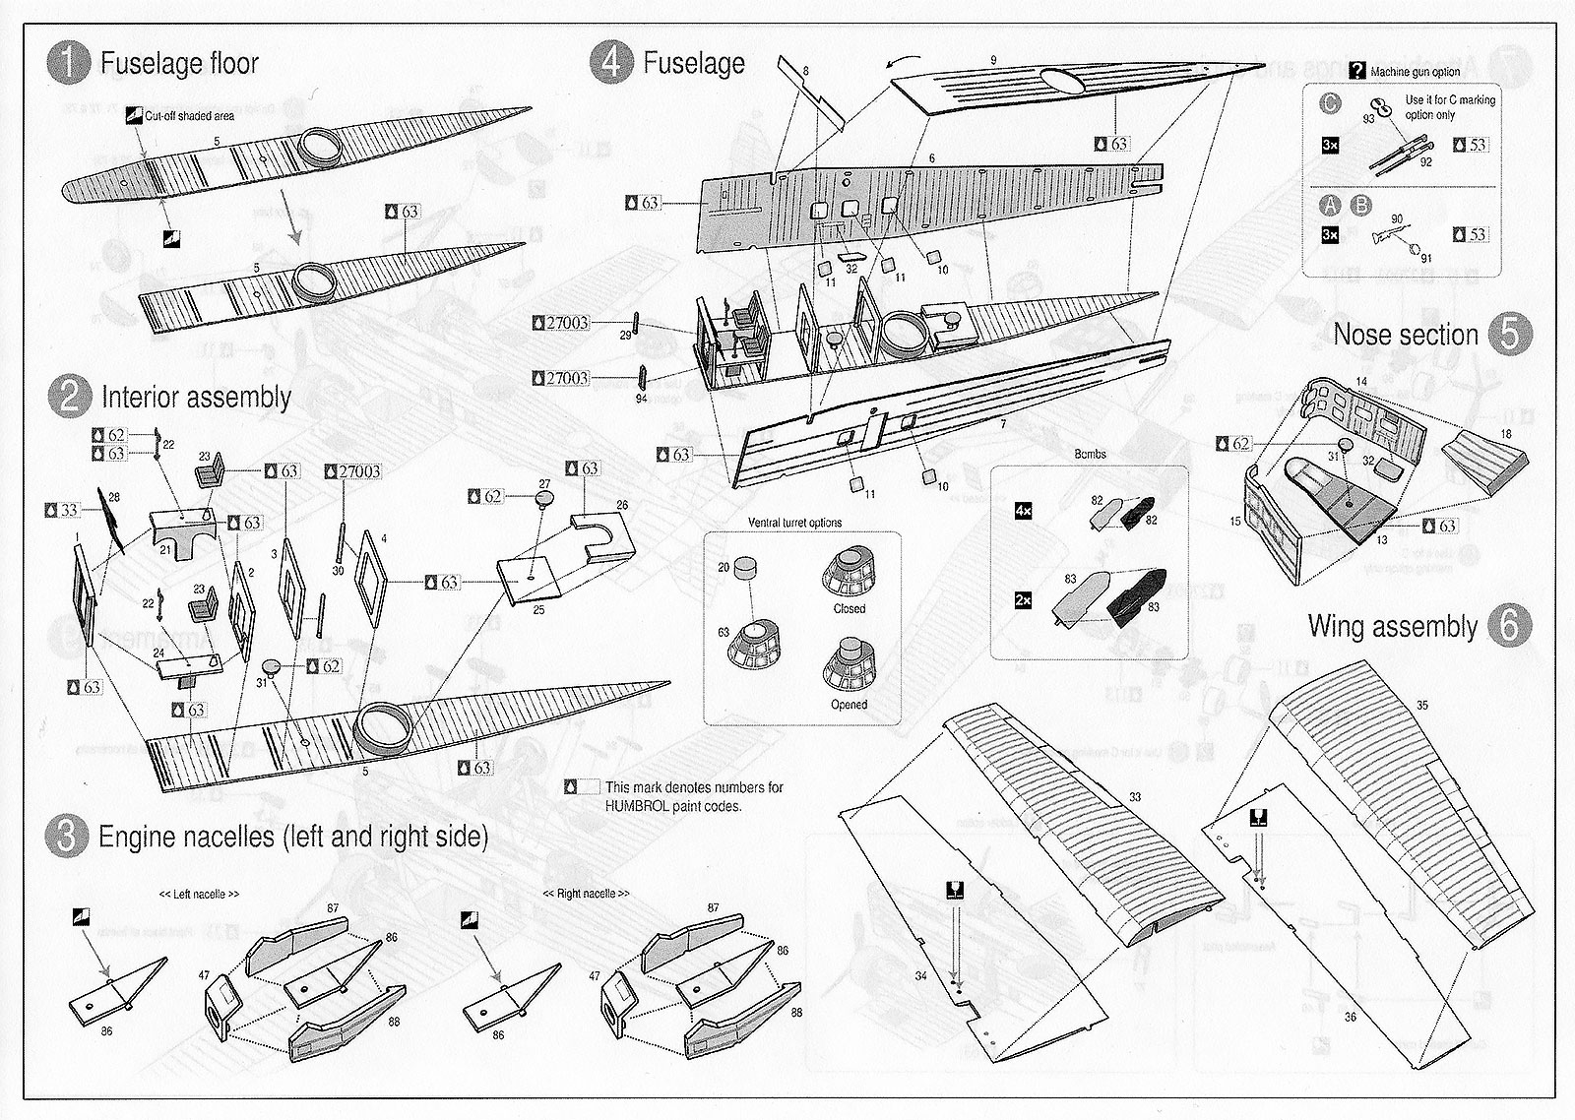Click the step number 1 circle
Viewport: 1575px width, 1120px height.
point(67,64)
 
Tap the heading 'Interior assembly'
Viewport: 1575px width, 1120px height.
point(195,398)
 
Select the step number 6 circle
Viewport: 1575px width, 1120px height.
point(1509,626)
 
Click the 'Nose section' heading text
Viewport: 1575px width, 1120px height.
point(1406,335)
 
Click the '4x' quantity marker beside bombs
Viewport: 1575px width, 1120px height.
point(1024,512)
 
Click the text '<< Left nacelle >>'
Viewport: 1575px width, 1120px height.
point(199,895)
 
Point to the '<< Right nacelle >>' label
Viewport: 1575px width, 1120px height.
point(586,894)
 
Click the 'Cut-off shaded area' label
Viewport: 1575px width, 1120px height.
point(190,116)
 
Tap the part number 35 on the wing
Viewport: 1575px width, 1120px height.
point(1422,706)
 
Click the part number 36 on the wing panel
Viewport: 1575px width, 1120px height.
point(1350,1017)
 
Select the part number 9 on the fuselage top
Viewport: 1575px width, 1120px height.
point(993,61)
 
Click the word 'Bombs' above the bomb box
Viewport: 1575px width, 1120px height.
point(1090,454)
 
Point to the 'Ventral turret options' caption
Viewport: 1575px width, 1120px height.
point(794,523)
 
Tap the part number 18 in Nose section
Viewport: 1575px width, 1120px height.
point(1506,434)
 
